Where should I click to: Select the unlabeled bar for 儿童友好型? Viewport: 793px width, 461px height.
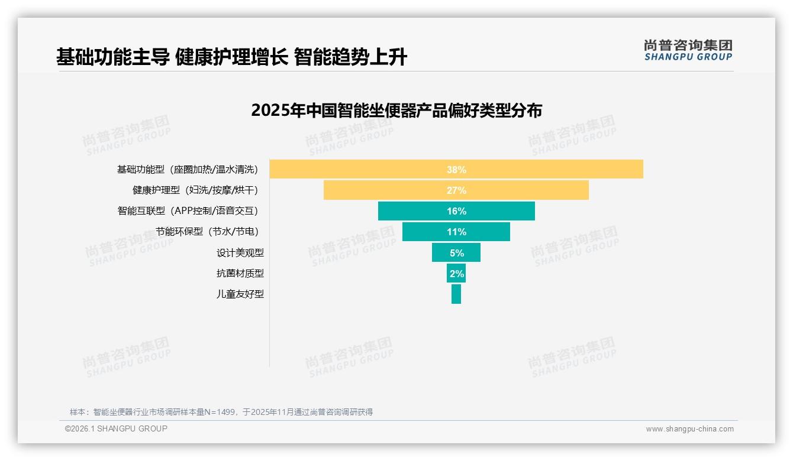pyautogui.click(x=456, y=294)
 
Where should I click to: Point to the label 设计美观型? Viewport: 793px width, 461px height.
pyautogui.click(x=240, y=253)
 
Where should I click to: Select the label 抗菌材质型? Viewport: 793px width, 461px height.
pyautogui.click(x=240, y=273)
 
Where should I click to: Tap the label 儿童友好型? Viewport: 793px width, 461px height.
pyautogui.click(x=240, y=294)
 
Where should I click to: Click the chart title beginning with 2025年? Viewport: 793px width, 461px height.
pyautogui.click(x=396, y=111)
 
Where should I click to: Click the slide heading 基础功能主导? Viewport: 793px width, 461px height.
pyautogui.click(x=112, y=57)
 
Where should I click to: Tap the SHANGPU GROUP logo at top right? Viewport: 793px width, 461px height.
pyautogui.click(x=688, y=50)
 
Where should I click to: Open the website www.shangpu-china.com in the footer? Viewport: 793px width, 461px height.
pyautogui.click(x=689, y=429)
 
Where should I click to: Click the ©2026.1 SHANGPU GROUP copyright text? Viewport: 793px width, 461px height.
pyautogui.click(x=116, y=428)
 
